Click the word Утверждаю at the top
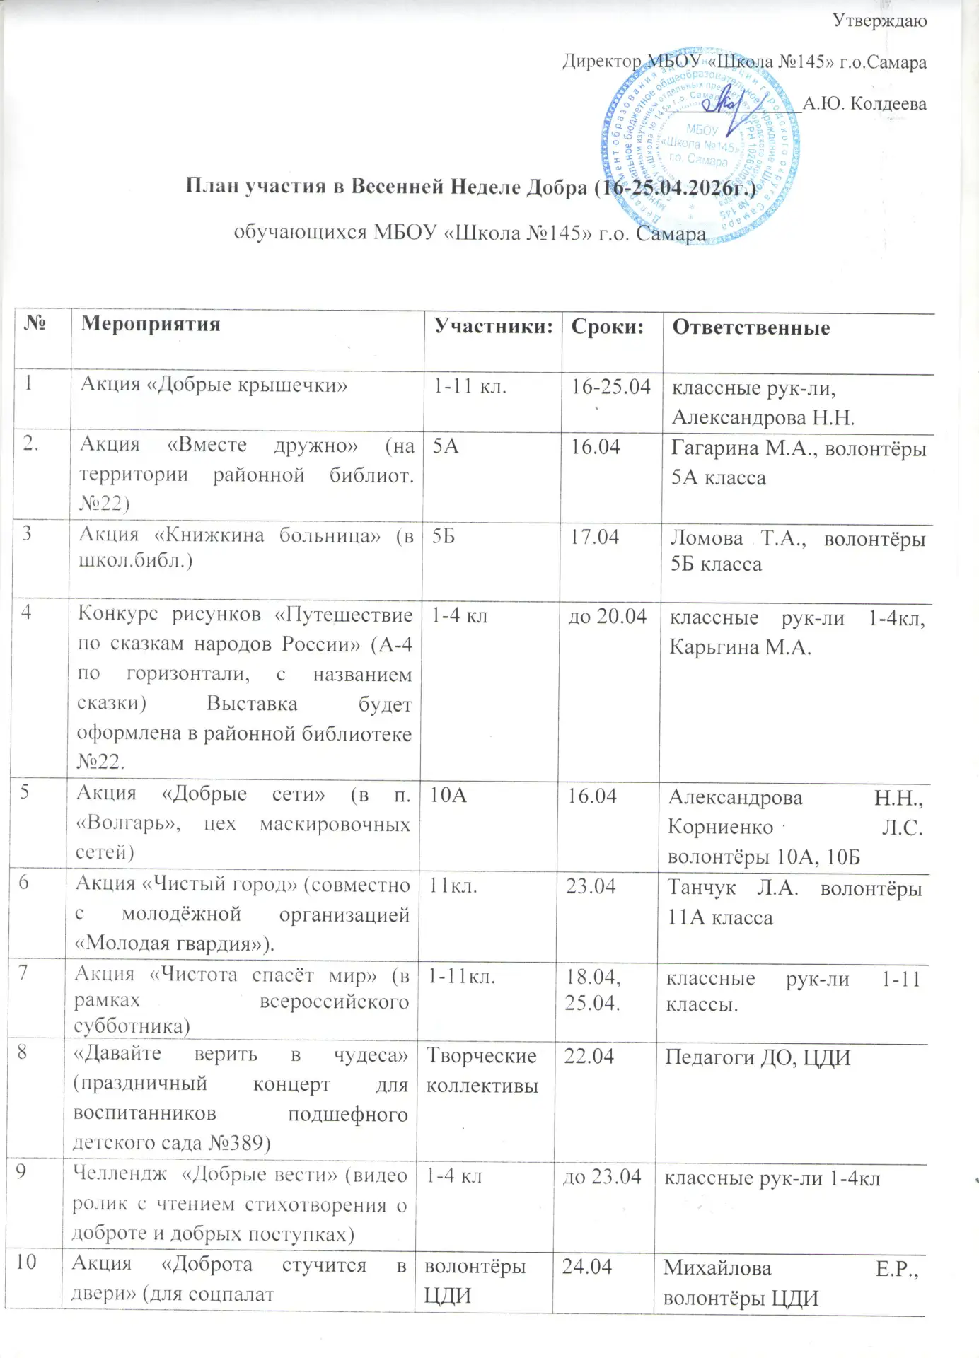[x=879, y=21]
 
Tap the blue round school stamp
[x=700, y=145]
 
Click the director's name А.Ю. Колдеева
[x=864, y=104]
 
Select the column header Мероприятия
[x=151, y=324]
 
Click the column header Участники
[x=493, y=326]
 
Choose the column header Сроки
[x=608, y=326]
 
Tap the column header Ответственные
[x=751, y=327]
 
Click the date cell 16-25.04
[x=610, y=387]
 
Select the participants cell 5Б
[x=444, y=536]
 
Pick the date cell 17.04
[x=594, y=537]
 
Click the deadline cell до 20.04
[x=608, y=616]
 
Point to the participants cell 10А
[x=448, y=795]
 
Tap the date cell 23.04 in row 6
[x=591, y=886]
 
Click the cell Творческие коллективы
[x=482, y=1070]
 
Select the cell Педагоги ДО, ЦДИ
[x=757, y=1058]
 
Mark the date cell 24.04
[x=586, y=1266]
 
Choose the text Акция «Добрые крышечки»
[x=214, y=384]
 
